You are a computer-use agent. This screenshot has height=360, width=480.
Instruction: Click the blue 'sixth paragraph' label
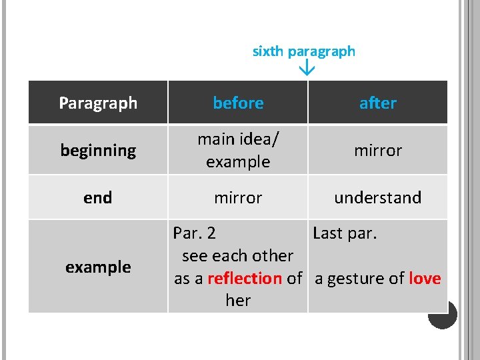[x=303, y=51]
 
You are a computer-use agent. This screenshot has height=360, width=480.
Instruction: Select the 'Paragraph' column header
[x=98, y=103]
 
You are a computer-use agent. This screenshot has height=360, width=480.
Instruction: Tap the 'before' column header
[x=238, y=103]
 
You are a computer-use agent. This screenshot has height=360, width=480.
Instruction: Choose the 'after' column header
[x=377, y=103]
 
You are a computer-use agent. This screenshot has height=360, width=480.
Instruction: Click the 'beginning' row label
[x=98, y=150]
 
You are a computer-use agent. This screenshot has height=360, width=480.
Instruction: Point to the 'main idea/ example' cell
[x=238, y=150]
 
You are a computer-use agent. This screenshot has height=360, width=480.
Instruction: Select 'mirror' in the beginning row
[x=377, y=150]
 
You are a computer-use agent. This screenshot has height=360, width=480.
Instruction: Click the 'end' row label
[x=98, y=197]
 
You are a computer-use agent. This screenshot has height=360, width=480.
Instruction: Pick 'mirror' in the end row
[x=238, y=197]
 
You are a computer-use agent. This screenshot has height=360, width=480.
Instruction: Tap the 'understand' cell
[x=377, y=197]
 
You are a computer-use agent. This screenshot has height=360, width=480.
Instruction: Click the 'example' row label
[x=98, y=267]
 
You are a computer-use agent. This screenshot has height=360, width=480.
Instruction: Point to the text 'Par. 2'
[x=194, y=233]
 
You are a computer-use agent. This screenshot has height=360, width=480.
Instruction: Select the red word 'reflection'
[x=245, y=278]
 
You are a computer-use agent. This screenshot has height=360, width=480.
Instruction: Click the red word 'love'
[x=425, y=278]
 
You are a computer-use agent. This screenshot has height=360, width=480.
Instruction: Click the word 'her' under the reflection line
[x=238, y=301]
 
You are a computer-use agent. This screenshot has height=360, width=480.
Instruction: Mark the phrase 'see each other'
[x=237, y=255]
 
